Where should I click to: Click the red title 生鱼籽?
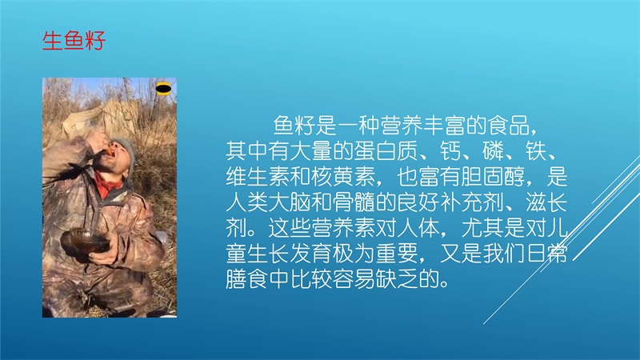click(x=74, y=41)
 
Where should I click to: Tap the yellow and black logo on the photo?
click(x=163, y=88)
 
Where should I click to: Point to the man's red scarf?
click(x=108, y=185)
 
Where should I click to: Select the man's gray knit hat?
click(x=124, y=150)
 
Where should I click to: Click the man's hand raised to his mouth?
click(x=98, y=144)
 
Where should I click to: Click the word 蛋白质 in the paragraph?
click(x=386, y=151)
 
